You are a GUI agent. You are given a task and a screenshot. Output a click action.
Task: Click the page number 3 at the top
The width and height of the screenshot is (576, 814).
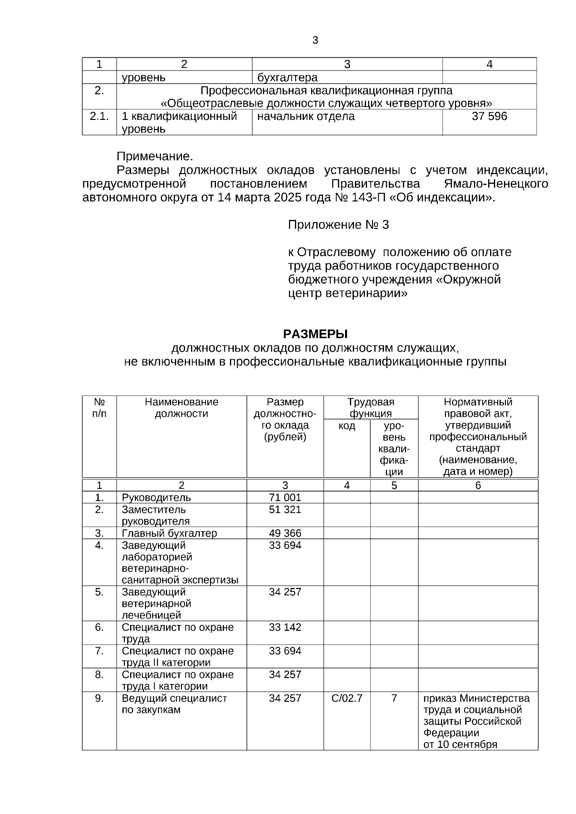[x=315, y=41]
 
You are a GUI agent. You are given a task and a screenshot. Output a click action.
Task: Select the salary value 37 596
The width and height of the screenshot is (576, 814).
[x=489, y=117]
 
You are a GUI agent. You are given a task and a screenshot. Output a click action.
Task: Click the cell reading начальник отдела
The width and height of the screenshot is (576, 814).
[x=306, y=117]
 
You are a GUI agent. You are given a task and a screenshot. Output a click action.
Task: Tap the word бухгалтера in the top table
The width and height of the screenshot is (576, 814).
[x=288, y=78]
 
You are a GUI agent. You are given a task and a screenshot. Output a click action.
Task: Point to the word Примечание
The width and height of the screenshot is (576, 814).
[x=155, y=157]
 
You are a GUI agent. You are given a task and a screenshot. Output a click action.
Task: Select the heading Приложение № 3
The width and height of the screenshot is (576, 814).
[x=338, y=225]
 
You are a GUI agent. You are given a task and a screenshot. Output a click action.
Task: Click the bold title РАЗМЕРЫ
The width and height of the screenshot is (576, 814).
[x=315, y=334]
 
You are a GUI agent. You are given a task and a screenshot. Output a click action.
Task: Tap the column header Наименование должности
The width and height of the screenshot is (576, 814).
[x=181, y=408]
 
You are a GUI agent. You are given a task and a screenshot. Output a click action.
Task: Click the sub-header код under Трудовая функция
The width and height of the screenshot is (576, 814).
[x=347, y=426]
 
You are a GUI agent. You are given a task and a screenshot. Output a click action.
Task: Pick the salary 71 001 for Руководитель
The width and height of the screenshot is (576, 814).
[x=285, y=497]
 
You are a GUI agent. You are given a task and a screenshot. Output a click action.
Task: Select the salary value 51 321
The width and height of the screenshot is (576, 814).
[x=285, y=509]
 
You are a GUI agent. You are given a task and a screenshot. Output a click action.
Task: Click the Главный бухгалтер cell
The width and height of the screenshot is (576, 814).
[x=169, y=533]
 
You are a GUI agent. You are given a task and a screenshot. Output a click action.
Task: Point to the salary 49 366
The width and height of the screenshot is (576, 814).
[x=285, y=533]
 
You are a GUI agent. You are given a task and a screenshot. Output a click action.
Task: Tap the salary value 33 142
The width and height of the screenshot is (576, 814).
[x=285, y=627]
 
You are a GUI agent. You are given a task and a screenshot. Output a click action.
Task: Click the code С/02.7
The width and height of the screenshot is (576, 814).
[x=347, y=698]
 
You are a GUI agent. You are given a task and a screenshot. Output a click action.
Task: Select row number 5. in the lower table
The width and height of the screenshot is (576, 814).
[x=99, y=592]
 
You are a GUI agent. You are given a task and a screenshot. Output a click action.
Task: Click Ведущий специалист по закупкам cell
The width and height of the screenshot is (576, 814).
[x=174, y=704]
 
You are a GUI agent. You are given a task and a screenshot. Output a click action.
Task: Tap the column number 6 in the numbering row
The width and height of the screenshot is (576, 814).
[x=478, y=485]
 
